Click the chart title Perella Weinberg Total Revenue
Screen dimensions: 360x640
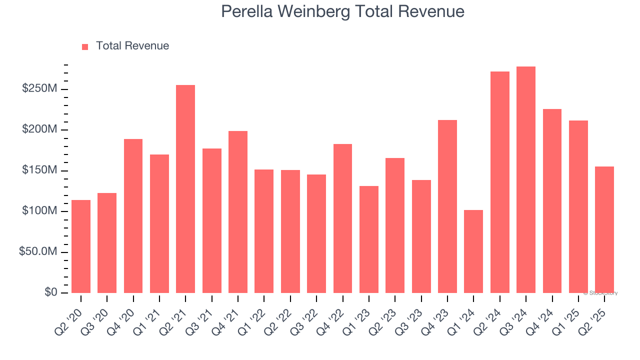[x=342, y=11]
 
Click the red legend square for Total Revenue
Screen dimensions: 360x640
[x=85, y=46]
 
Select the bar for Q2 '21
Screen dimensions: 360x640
[x=185, y=189]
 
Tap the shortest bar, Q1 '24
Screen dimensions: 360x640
[x=473, y=251]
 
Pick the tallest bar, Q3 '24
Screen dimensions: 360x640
[x=526, y=180]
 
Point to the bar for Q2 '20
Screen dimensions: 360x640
[x=81, y=246]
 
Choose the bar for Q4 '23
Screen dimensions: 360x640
[x=447, y=206]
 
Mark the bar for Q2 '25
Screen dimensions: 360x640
[x=604, y=229]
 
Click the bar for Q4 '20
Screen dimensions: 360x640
[x=133, y=216]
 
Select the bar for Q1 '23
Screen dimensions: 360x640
[x=369, y=239]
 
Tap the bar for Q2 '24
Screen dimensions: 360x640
[x=500, y=182]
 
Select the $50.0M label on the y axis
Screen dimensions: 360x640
[x=38, y=252]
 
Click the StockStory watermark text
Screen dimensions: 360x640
[x=600, y=293]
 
